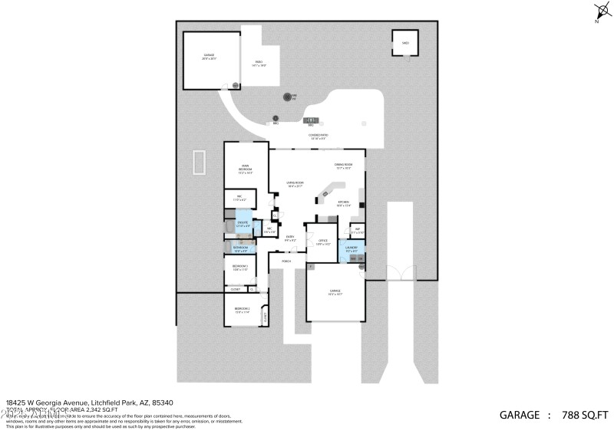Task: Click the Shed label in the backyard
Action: point(404,44)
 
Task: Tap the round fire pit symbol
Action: point(289,97)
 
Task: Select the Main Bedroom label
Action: point(246,169)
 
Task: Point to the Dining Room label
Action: point(342,166)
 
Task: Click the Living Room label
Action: point(295,184)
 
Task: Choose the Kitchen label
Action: point(343,204)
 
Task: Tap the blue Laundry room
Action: point(352,250)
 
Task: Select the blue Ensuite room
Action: point(243,225)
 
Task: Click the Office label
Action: point(322,242)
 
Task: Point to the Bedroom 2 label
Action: point(243,310)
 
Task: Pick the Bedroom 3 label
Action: point(239,268)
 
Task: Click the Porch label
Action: point(286,261)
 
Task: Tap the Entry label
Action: point(290,238)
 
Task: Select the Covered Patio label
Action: point(319,136)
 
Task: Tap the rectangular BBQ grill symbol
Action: point(312,120)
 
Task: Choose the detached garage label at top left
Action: point(209,57)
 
